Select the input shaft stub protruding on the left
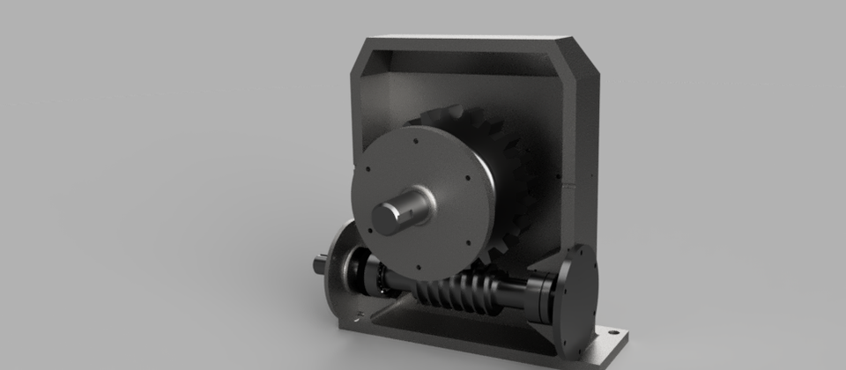(318, 262)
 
